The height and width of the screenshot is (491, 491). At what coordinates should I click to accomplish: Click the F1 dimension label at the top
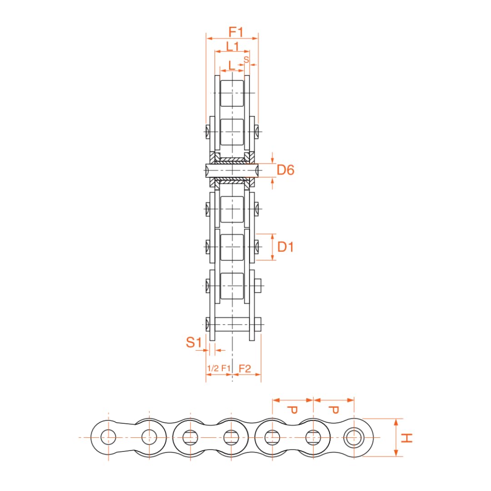point(236,32)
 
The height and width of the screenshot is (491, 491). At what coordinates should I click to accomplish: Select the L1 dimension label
point(232,46)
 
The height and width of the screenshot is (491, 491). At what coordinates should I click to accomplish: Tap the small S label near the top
point(246,60)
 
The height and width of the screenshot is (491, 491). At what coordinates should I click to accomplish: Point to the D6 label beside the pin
point(286,170)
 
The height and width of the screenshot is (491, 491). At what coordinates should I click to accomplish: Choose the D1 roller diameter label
point(286,247)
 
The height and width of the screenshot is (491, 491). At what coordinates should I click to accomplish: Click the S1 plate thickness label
point(194,342)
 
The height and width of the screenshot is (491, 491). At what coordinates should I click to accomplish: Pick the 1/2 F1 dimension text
point(219,368)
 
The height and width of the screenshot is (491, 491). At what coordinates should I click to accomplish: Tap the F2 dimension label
point(245,369)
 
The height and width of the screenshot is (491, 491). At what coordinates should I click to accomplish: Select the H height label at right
point(406,438)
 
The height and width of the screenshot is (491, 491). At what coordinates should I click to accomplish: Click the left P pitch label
point(292,410)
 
